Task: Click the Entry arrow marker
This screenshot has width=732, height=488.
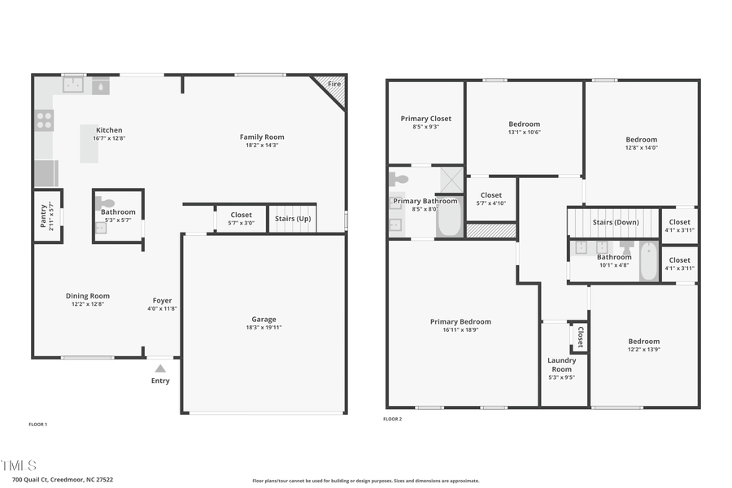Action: point(160,368)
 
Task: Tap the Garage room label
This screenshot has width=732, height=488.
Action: point(264,320)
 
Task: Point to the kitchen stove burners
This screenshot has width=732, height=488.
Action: point(44,120)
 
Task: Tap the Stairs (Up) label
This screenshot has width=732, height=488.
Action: point(293,219)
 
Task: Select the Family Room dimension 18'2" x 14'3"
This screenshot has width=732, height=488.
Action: point(262,146)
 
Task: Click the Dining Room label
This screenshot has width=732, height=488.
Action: point(88,296)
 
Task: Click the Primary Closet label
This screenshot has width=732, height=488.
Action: point(426,119)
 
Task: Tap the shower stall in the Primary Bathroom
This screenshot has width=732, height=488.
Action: point(451,178)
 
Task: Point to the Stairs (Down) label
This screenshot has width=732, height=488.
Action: point(615,222)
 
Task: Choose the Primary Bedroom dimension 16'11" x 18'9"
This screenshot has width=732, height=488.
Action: point(460,330)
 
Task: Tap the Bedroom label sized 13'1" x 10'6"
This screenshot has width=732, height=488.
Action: point(524,124)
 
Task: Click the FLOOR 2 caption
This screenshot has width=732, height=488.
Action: point(392,419)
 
